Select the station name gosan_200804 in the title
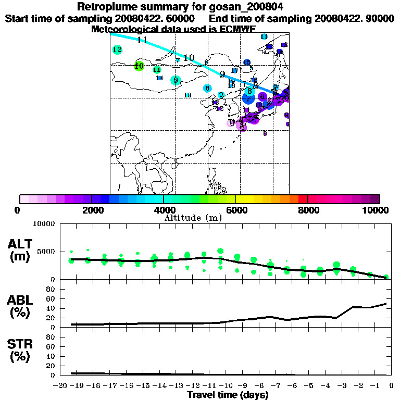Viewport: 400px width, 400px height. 242,7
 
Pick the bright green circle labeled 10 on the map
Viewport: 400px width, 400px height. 139,66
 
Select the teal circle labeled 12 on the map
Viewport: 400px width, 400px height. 117,50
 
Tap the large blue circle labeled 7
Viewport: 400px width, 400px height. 249,98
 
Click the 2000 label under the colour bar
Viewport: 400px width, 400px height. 92,210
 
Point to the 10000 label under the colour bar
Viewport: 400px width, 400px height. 379,210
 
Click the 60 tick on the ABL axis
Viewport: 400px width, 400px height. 51,298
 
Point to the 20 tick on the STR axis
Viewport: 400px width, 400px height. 51,366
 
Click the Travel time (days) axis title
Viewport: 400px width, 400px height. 228,395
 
